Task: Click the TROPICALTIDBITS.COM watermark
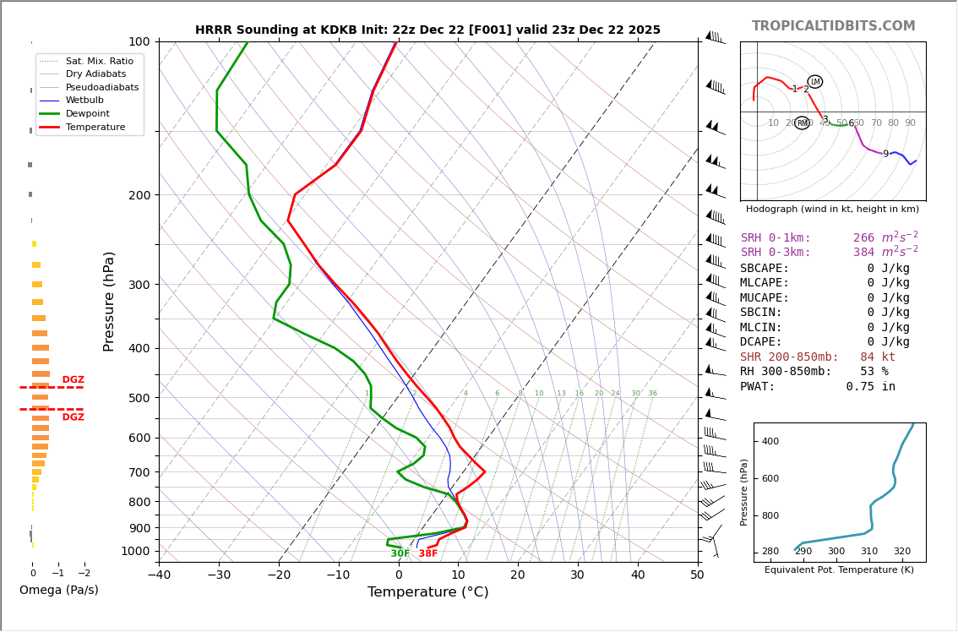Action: point(833,26)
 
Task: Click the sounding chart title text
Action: point(427,30)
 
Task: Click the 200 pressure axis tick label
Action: point(139,195)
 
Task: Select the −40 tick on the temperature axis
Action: point(159,575)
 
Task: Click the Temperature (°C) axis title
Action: point(427,592)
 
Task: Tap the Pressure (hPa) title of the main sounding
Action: point(109,301)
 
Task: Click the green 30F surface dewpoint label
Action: point(400,554)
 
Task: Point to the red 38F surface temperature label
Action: point(428,554)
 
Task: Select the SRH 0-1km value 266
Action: point(863,238)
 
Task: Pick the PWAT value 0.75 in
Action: point(870,387)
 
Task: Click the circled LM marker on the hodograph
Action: point(815,82)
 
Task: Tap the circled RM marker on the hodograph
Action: point(802,123)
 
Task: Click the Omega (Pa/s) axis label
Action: point(59,590)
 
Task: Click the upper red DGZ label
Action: point(73,380)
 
